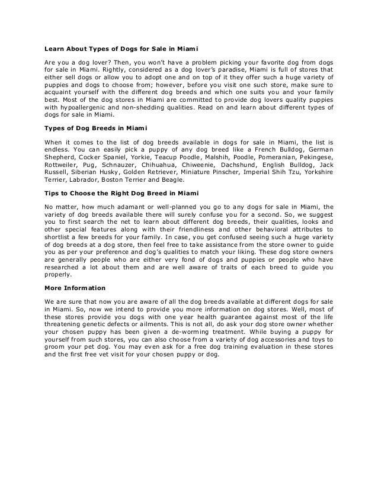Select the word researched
coord(67,268)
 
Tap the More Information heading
coord(75,289)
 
